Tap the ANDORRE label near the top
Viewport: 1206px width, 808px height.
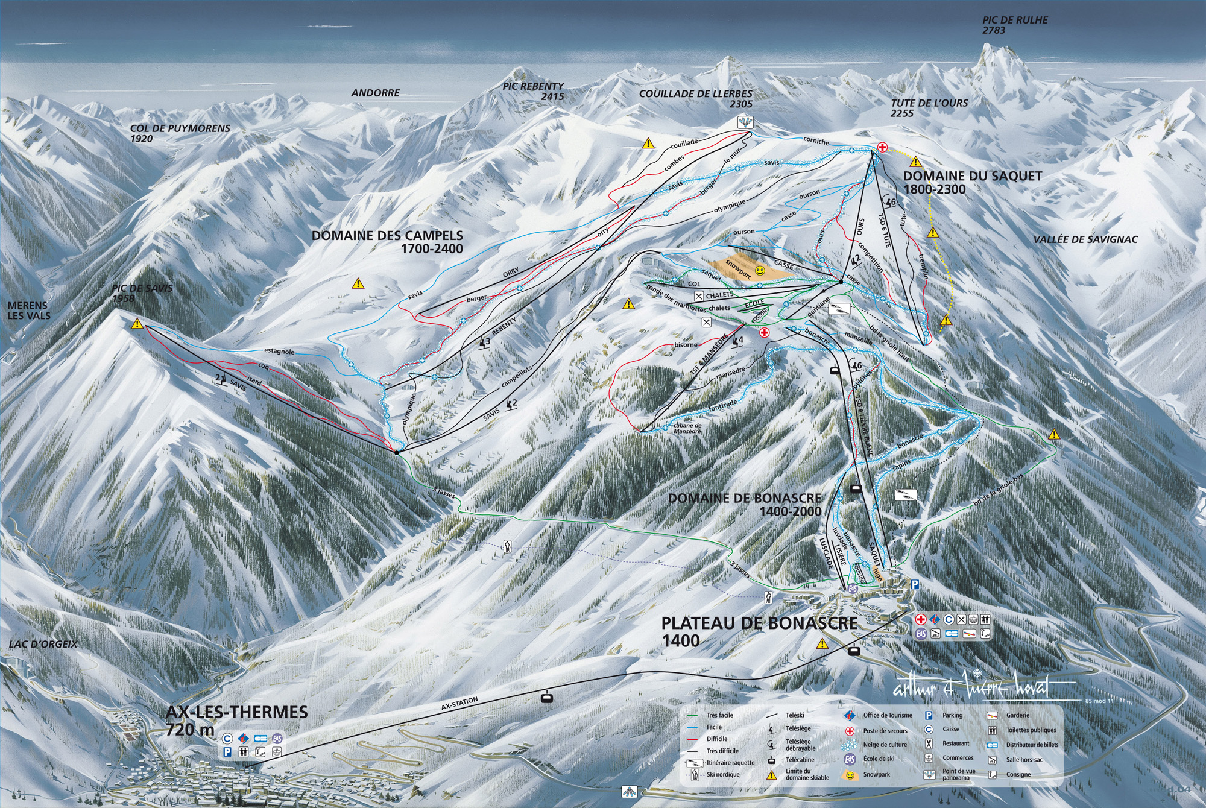(x=376, y=93)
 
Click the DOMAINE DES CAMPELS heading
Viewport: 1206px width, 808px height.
(x=387, y=241)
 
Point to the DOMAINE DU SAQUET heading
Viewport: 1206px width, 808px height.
(x=964, y=182)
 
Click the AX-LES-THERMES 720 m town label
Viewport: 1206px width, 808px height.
(x=236, y=720)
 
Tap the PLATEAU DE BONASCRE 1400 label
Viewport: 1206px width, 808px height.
(x=759, y=631)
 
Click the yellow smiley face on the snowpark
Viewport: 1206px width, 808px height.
(x=761, y=270)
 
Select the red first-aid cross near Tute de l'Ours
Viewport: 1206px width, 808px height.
(x=882, y=147)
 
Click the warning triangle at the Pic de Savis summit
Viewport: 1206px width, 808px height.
(x=138, y=323)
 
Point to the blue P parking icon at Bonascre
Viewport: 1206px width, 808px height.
(x=915, y=584)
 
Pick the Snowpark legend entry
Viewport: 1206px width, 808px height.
(x=876, y=774)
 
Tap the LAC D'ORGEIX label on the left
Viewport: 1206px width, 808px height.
(x=43, y=644)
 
